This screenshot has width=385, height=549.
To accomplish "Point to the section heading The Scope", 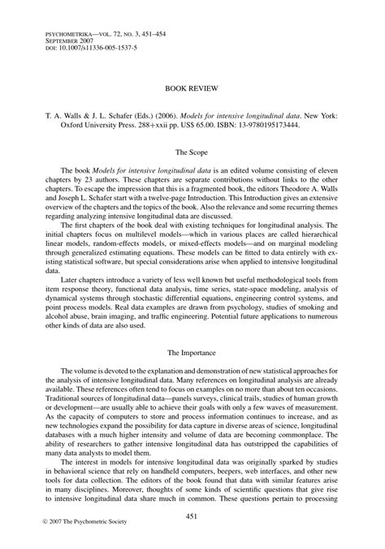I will [192, 152].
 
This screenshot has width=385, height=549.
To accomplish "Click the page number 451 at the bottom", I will [192, 517].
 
